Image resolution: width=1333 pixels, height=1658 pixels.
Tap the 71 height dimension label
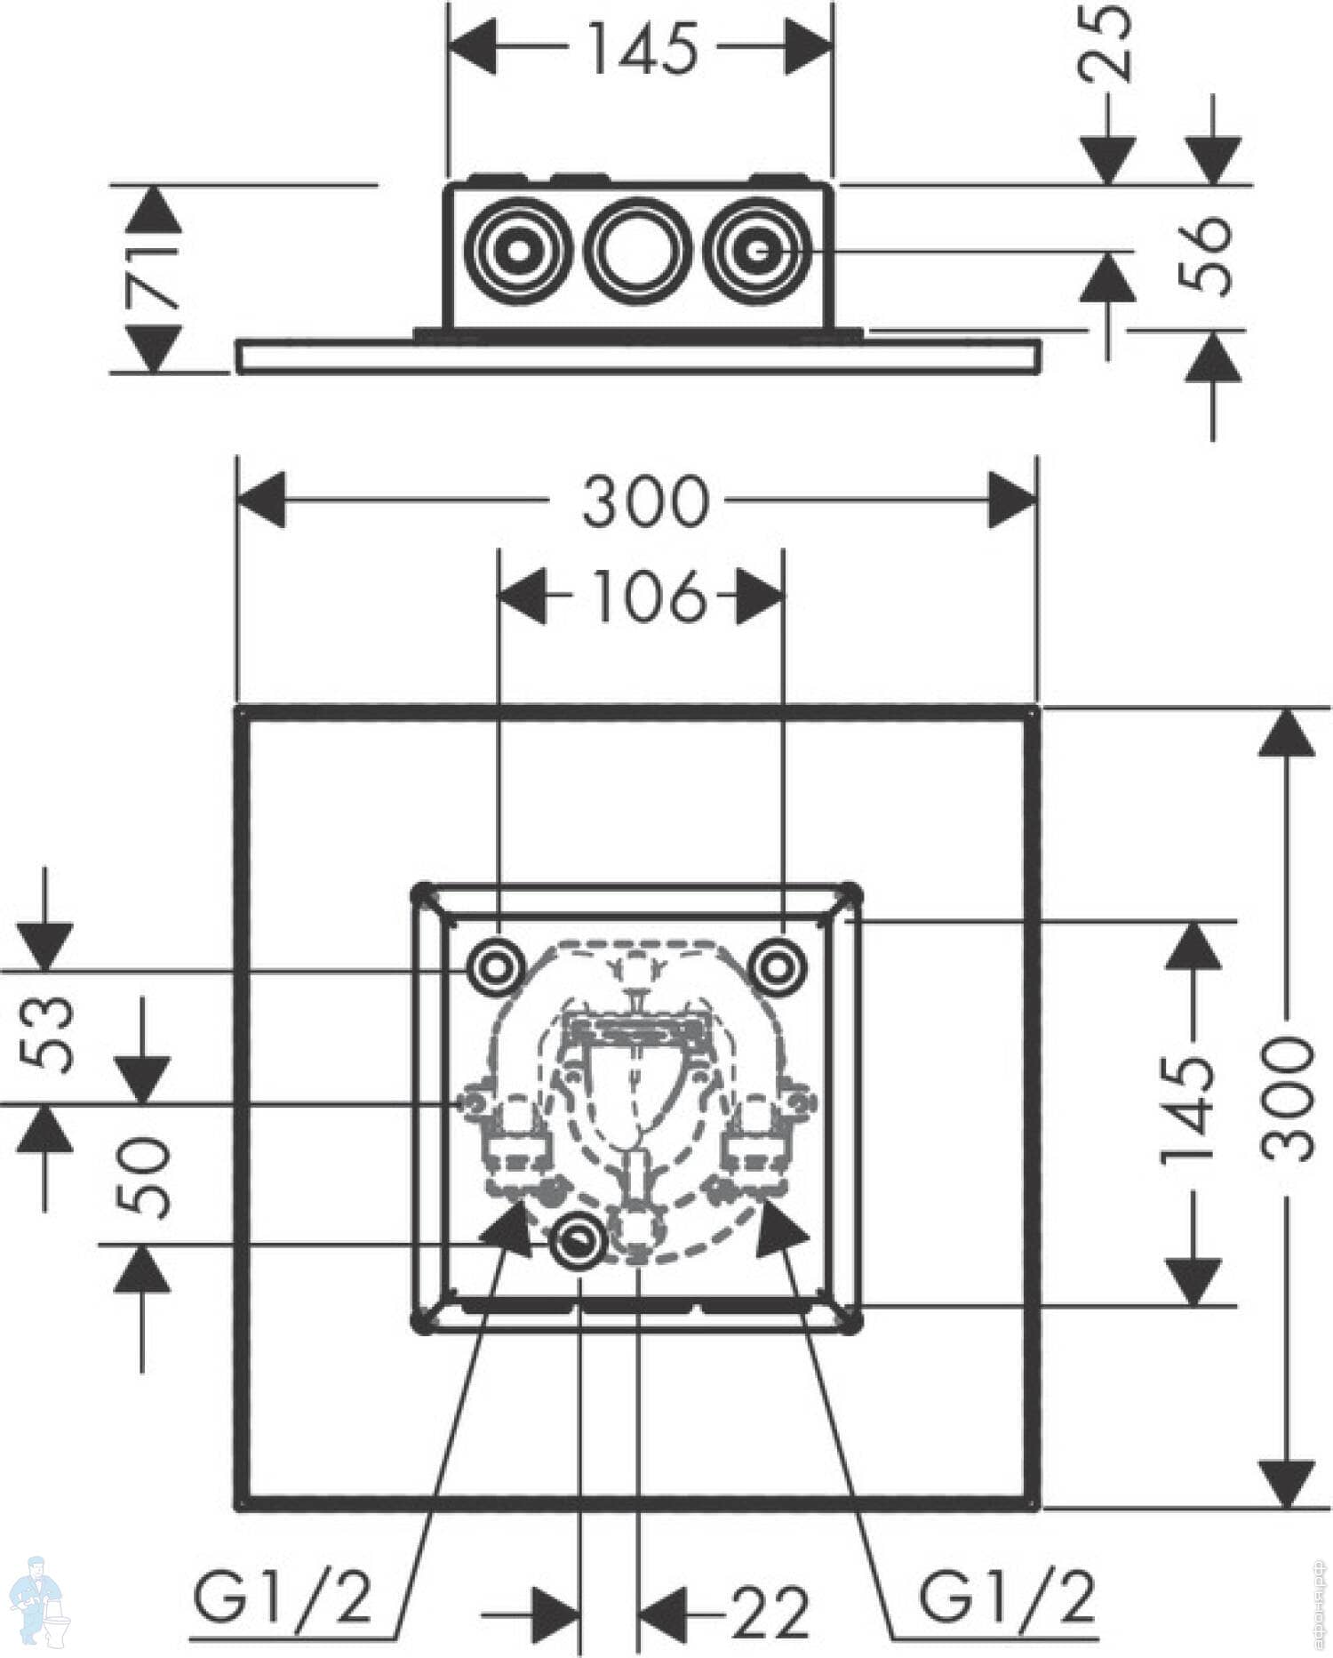click(x=153, y=279)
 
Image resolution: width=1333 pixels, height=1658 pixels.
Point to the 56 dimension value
click(x=1206, y=255)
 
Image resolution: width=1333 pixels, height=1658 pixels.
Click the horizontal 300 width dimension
click(x=646, y=501)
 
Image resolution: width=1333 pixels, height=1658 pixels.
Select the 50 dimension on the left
click(x=142, y=1176)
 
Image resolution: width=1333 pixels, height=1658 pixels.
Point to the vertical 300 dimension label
click(x=1287, y=1100)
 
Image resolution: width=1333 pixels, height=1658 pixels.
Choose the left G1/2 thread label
click(x=283, y=1596)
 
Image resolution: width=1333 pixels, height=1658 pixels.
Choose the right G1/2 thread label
click(x=1006, y=1596)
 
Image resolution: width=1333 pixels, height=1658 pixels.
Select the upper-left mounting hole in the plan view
click(x=496, y=965)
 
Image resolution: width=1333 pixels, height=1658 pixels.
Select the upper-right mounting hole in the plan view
click(x=778, y=965)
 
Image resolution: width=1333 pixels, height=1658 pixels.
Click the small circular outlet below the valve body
click(x=579, y=1242)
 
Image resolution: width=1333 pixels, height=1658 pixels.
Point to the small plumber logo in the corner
click(x=39, y=1600)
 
